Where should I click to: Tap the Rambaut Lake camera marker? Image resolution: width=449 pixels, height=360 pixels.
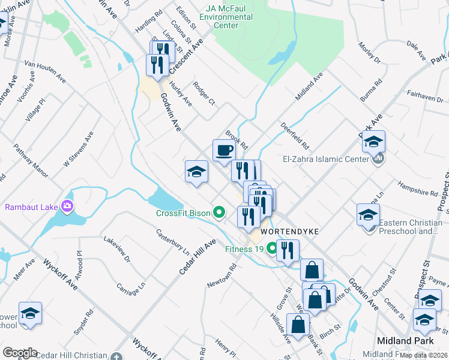[x=67, y=207]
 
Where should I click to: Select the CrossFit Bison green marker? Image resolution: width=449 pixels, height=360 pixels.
[x=219, y=212]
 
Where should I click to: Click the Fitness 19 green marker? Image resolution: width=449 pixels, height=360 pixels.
[x=271, y=247]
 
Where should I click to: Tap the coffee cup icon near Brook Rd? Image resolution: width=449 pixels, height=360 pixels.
[x=223, y=150]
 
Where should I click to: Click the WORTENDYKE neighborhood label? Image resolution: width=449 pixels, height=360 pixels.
[x=285, y=230]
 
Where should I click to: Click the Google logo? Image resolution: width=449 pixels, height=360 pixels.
[x=20, y=353]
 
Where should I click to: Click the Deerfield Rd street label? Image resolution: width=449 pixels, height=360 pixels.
[x=294, y=137]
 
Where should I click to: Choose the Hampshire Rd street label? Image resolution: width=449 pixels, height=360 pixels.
[x=417, y=189]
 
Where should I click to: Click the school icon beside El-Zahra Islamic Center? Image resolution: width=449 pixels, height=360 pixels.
[x=373, y=142]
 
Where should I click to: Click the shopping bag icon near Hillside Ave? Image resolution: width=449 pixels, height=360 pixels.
[x=298, y=326]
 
